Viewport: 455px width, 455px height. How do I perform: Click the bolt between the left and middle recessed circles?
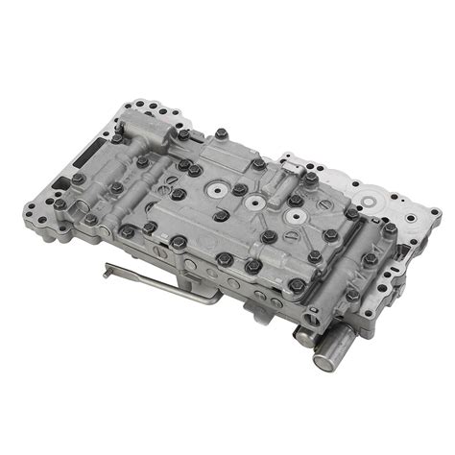(x=239, y=190)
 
